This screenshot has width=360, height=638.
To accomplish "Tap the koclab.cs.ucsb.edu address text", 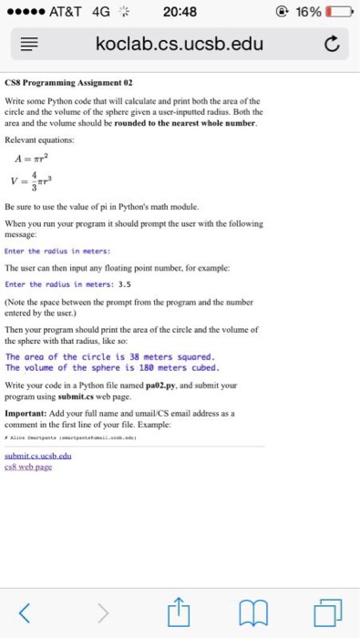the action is click(180, 44).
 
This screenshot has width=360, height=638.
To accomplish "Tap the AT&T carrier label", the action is click(71, 12).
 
